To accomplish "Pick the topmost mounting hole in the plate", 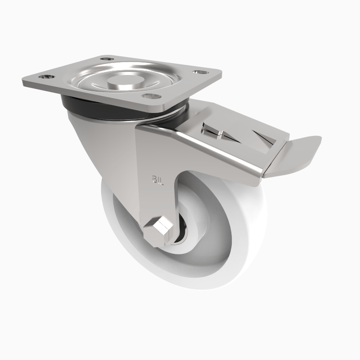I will click(x=106, y=58).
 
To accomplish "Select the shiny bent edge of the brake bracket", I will click(x=211, y=153).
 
